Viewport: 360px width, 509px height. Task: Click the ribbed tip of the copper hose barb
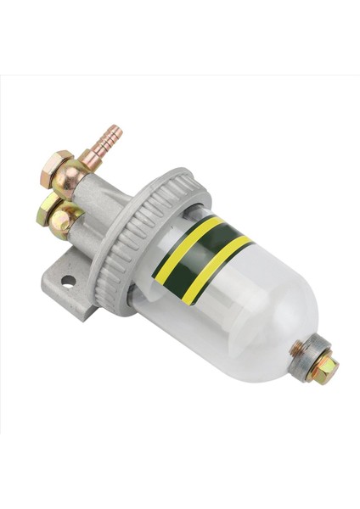pos(111,137)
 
